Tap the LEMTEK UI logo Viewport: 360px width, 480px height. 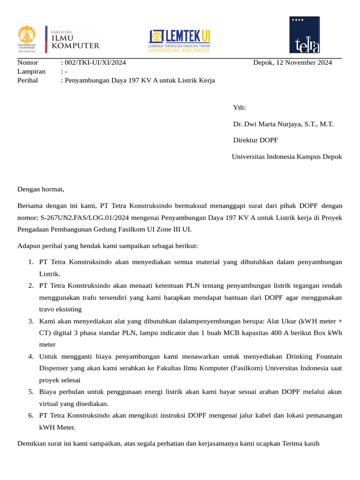tap(180, 41)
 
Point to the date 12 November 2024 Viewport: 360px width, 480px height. tap(304, 62)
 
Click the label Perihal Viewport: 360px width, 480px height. tap(28, 80)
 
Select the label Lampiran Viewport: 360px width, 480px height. tap(31, 71)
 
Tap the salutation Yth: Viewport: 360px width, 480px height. tap(239, 108)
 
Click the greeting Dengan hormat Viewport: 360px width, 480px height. tap(40, 189)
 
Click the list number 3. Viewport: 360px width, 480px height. tap(30, 321)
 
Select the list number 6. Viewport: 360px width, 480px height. tap(30, 415)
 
